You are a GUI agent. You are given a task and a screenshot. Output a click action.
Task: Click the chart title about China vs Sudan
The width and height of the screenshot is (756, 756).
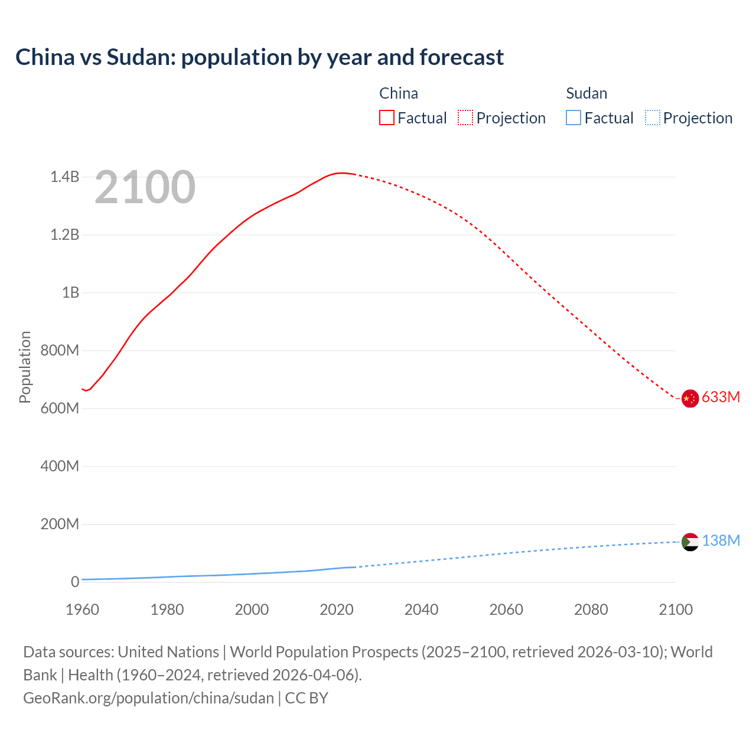[259, 57]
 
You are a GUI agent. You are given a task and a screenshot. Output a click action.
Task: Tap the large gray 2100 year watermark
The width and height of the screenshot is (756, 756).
[145, 187]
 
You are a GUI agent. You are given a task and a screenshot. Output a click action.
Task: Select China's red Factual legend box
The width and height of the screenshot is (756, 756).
[386, 118]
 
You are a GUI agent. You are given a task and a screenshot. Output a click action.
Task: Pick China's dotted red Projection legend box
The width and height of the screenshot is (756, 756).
[465, 118]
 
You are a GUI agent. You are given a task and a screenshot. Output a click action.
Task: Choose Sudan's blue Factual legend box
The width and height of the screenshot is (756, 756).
[573, 118]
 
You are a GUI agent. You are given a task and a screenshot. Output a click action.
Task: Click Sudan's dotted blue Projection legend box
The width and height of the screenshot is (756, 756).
[653, 118]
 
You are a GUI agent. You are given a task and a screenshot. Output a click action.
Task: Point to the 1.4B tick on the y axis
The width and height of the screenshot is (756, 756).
[64, 177]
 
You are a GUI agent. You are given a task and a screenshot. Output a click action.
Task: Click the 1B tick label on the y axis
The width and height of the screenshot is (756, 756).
[70, 292]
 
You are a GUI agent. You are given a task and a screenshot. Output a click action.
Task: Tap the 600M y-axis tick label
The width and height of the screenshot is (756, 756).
[60, 408]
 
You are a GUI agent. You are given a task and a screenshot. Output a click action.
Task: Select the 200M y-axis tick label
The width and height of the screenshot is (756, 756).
[60, 524]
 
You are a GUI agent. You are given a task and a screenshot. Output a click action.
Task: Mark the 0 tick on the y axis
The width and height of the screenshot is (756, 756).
[75, 582]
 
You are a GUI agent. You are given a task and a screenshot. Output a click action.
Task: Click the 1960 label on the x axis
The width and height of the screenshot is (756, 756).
[82, 610]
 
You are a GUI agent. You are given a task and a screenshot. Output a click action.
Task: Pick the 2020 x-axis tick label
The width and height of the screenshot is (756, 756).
[337, 610]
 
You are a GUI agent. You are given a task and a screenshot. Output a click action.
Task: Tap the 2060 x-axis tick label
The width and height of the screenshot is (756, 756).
[506, 610]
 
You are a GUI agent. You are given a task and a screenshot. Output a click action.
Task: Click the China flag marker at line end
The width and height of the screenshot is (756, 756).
[690, 398]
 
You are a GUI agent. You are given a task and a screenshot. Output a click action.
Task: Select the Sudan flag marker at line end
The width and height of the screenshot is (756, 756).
[690, 542]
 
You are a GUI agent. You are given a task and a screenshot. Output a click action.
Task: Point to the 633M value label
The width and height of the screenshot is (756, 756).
[721, 397]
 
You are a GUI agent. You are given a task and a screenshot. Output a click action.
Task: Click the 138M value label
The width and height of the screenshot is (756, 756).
[721, 540]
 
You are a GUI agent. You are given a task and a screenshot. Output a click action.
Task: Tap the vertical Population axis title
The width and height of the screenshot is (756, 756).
[25, 367]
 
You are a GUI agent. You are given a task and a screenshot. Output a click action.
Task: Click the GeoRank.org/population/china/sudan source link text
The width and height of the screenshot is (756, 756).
[148, 698]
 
